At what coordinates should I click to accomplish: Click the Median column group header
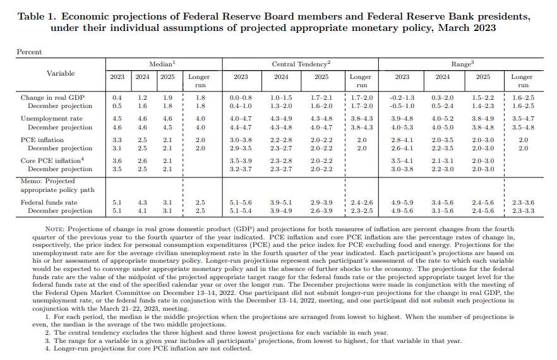tap(162, 64)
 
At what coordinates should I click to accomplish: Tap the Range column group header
tap(461, 64)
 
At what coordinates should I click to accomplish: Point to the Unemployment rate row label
tap(52, 118)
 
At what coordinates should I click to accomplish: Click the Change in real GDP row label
tap(52, 98)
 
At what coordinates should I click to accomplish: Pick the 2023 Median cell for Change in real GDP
tap(117, 98)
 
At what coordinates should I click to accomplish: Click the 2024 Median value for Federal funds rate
tap(142, 202)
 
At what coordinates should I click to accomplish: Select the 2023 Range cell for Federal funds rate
tap(402, 202)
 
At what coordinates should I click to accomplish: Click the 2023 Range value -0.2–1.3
tap(402, 98)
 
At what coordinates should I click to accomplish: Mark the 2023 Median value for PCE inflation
tap(117, 140)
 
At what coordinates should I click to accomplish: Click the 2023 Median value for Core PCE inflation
tap(117, 160)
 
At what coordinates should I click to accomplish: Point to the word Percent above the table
tap(29, 52)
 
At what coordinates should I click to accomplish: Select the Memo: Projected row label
tap(47, 181)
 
